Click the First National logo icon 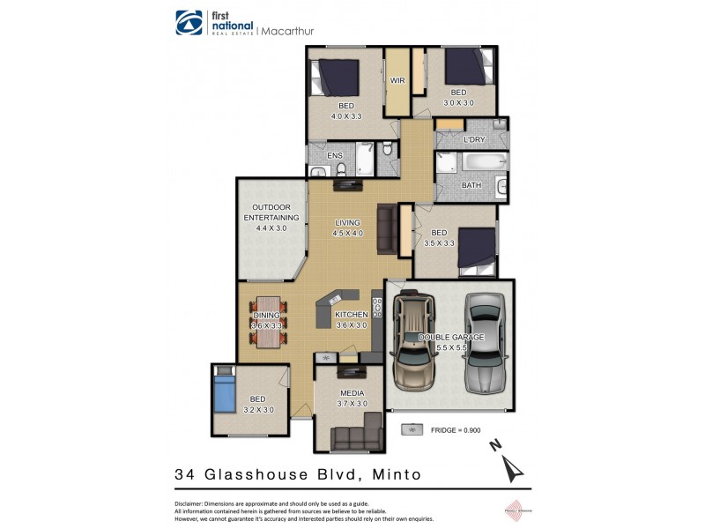(188, 22)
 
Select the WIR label (397, 80)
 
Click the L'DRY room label (473, 140)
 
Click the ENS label (334, 156)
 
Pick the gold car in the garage (413, 342)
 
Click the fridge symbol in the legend (412, 429)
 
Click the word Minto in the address (396, 474)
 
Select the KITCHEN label (351, 315)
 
